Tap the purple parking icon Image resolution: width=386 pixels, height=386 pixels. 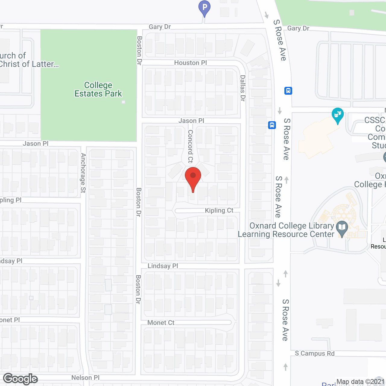tap(204, 7)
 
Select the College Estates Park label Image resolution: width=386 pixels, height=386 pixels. tap(98, 90)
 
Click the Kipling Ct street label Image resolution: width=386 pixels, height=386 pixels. tap(219, 210)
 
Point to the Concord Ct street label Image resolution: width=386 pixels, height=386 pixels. tap(190, 146)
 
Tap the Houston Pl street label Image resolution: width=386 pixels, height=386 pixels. tap(191, 63)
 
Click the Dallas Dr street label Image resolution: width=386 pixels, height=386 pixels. tap(243, 88)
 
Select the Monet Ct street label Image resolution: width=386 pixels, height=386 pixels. tap(161, 323)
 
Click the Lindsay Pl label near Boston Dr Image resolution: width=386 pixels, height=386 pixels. tap(163, 266)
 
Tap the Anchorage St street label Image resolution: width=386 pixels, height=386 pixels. tap(83, 173)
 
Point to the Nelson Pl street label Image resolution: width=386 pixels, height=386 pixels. tap(85, 378)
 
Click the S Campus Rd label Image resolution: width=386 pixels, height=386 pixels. tap(315, 353)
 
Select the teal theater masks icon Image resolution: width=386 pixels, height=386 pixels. tap(338, 115)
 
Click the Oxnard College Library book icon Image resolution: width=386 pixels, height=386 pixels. tap(342, 228)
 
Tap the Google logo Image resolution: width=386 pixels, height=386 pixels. tap(21, 379)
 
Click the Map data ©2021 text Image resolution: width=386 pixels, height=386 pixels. tap(361, 382)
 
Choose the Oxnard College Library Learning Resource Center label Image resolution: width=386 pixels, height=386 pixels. tap(286, 230)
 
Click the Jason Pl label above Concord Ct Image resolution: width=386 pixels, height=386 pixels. tap(191, 121)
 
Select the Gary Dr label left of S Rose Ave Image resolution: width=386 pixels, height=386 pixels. tap(160, 27)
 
